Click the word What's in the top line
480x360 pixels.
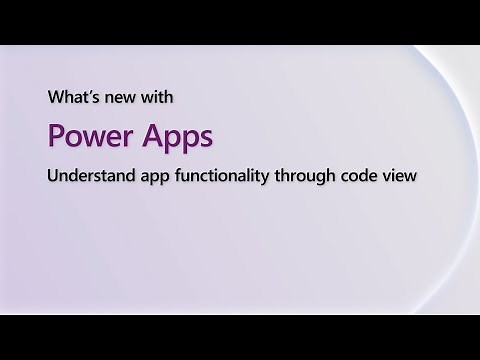pyautogui.click(x=71, y=99)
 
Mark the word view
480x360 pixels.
pyautogui.click(x=402, y=174)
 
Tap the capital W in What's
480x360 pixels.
pyautogui.click(x=55, y=99)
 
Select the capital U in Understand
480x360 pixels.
pyautogui.click(x=54, y=174)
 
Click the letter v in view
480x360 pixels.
pyautogui.click(x=389, y=175)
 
